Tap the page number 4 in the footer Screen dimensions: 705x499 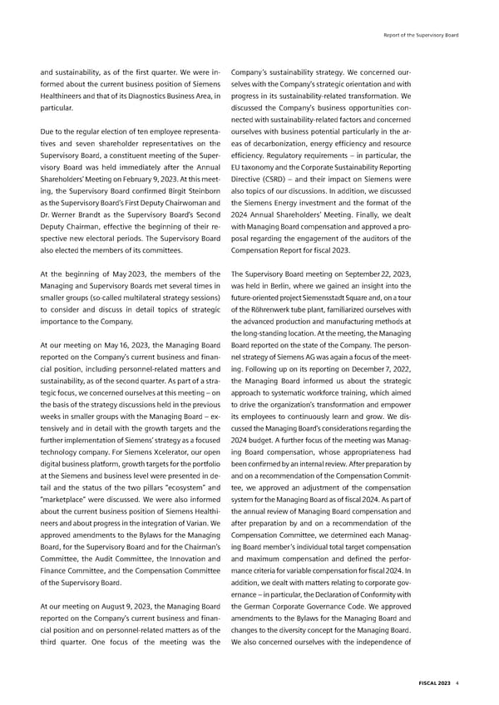457,683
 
